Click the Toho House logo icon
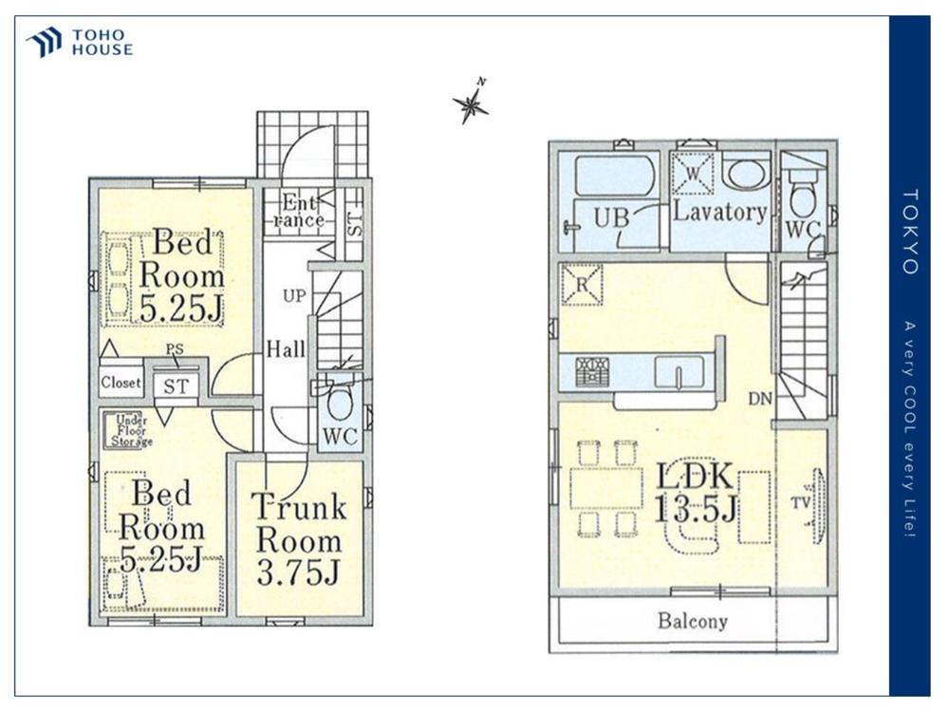45,42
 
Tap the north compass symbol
472,102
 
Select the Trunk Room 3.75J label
299,539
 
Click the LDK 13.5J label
696,493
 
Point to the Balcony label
693,621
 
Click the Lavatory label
719,212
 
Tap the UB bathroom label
611,216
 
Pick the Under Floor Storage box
128,430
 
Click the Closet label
121,383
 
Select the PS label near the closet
175,349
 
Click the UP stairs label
294,296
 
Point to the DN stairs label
760,399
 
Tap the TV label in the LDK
801,502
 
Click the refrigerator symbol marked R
581,285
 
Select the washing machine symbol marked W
694,173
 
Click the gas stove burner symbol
592,371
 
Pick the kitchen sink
679,372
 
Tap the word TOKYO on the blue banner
911,232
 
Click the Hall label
287,349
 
